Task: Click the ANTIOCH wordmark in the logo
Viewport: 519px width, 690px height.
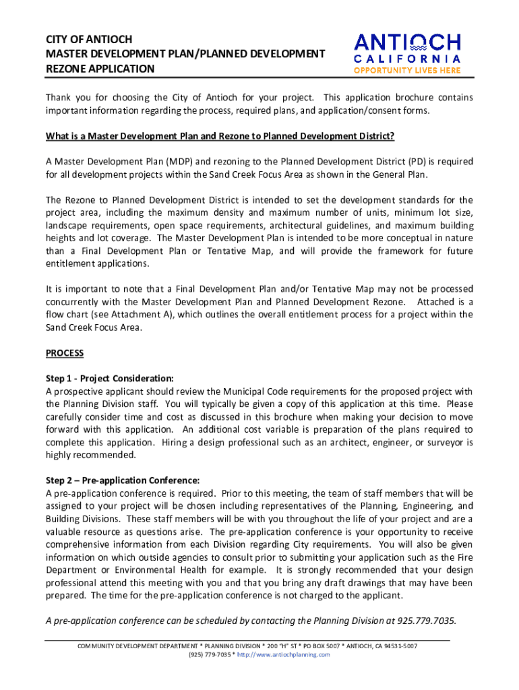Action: (408, 43)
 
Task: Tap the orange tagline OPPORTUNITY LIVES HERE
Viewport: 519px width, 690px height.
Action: (408, 70)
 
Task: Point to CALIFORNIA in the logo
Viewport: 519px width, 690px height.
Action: (408, 59)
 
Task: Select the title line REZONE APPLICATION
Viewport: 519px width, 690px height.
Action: (100, 69)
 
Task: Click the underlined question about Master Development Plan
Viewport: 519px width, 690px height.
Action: (220, 136)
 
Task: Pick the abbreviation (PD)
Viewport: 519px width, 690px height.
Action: (417, 162)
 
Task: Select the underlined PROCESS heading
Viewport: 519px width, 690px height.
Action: (65, 353)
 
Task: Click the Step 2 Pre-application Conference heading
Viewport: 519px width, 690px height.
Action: (123, 480)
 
